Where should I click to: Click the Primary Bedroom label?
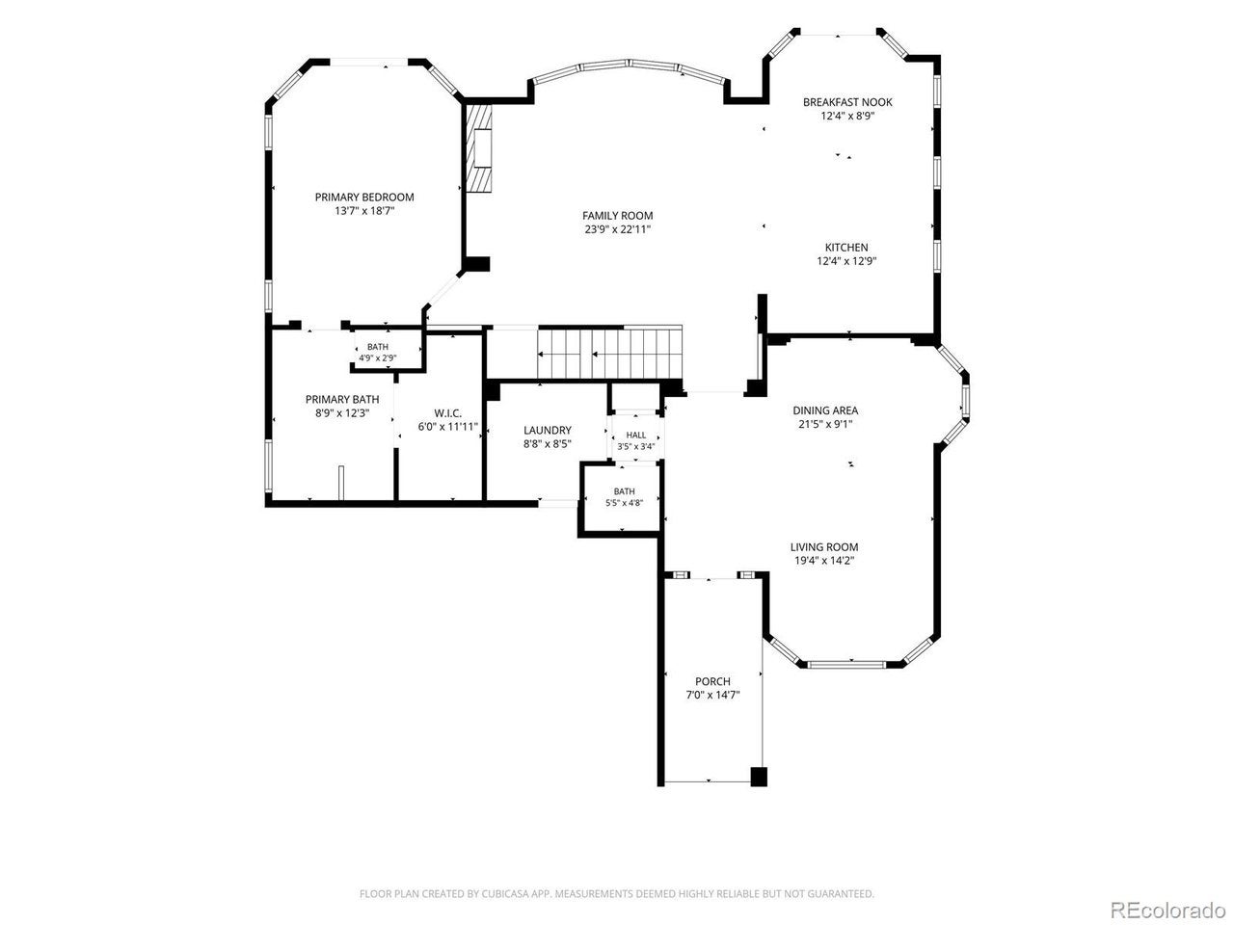click(363, 198)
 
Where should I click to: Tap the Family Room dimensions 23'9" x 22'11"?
click(617, 229)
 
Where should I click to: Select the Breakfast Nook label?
click(847, 102)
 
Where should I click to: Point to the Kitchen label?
click(846, 247)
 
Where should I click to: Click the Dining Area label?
click(825, 410)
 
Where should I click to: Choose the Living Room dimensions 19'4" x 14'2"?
click(824, 561)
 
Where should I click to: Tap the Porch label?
click(712, 681)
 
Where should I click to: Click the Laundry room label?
click(547, 430)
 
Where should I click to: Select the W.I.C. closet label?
click(448, 413)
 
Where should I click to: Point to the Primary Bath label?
click(342, 399)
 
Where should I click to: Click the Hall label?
click(636, 436)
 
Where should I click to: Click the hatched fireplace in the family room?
click(478, 147)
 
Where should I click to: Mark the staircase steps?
click(609, 354)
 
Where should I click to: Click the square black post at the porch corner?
click(759, 777)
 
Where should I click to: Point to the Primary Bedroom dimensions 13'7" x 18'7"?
click(364, 211)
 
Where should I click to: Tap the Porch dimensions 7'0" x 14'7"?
click(712, 696)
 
